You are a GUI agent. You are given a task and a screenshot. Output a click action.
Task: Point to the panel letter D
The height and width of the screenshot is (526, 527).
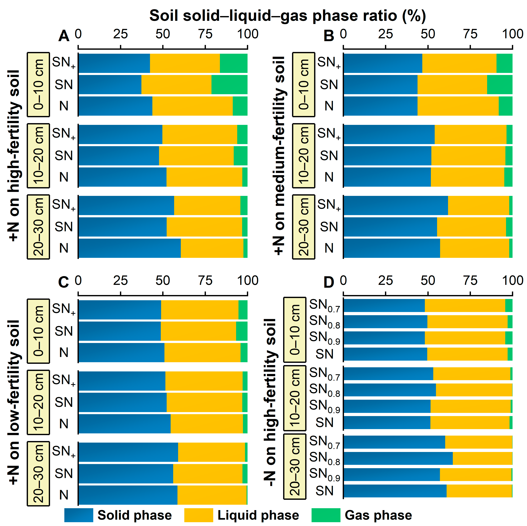coord(329,282)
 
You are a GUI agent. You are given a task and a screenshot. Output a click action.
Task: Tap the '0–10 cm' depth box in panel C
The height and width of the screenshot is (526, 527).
coord(38,331)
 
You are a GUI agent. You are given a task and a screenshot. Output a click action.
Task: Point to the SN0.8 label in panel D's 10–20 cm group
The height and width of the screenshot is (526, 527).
coord(325,390)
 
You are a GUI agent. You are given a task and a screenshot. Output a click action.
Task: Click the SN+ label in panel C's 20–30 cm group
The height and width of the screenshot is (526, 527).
coord(64,451)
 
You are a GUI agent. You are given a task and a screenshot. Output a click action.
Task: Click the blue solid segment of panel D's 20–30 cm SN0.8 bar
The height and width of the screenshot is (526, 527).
coord(398,458)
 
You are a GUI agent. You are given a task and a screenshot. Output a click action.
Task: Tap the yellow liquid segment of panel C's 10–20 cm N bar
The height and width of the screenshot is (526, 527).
coord(207,424)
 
